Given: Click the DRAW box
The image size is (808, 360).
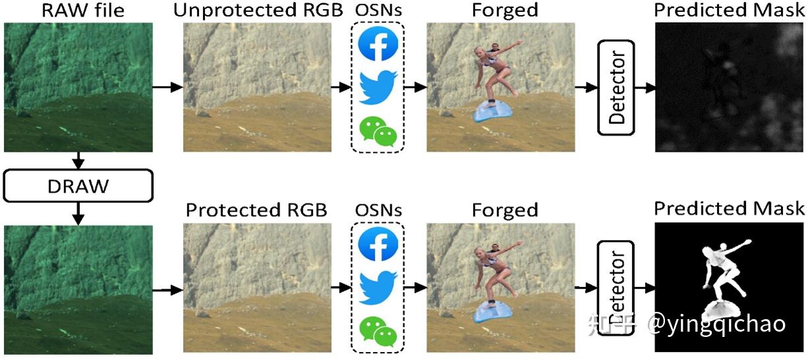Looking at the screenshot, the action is pyautogui.click(x=78, y=186).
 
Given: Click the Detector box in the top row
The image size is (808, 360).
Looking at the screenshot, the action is pyautogui.click(x=616, y=88).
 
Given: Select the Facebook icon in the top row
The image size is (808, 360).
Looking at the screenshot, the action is pyautogui.click(x=378, y=44).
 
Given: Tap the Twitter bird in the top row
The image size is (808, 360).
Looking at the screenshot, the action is pyautogui.click(x=378, y=87).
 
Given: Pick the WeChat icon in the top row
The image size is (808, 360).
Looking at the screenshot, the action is pyautogui.click(x=378, y=131).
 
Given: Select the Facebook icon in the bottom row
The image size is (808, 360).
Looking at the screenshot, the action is pyautogui.click(x=378, y=244).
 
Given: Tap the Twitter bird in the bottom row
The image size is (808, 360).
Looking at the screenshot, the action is pyautogui.click(x=378, y=288).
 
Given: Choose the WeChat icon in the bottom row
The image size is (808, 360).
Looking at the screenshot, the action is pyautogui.click(x=378, y=332).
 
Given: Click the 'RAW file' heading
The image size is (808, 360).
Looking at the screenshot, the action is pyautogui.click(x=83, y=10).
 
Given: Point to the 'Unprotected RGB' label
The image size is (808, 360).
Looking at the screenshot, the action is pyautogui.click(x=258, y=10).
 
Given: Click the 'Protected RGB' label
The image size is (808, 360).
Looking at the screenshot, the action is pyautogui.click(x=256, y=210).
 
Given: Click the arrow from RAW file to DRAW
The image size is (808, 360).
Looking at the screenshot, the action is pyautogui.click(x=78, y=160).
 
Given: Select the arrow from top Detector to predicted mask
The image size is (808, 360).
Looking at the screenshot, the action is pyautogui.click(x=645, y=88).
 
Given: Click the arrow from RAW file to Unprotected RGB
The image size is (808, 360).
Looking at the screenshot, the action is pyautogui.click(x=168, y=87).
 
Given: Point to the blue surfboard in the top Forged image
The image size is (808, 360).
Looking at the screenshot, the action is pyautogui.click(x=493, y=111).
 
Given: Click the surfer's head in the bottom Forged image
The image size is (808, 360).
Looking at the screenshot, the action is pyautogui.click(x=480, y=253).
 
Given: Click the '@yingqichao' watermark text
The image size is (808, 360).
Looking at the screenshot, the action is pyautogui.click(x=716, y=324).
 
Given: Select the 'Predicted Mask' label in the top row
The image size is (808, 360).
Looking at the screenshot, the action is pyautogui.click(x=730, y=10).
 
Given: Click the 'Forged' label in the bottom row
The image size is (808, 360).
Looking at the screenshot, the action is pyautogui.click(x=505, y=210).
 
